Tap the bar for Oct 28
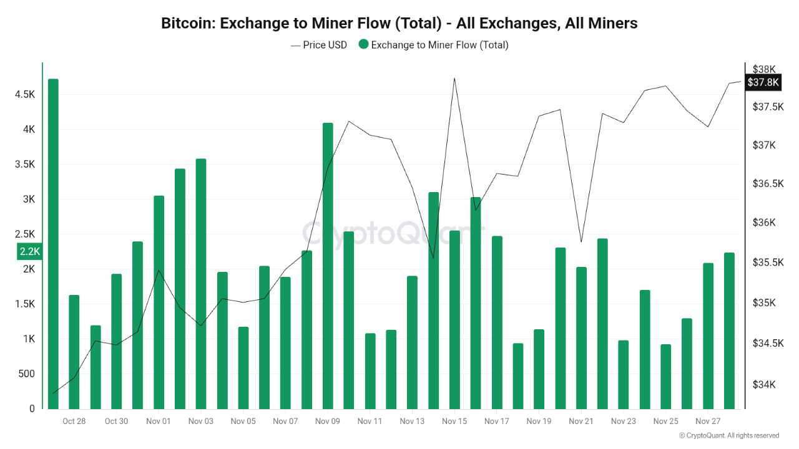pyautogui.click(x=74, y=352)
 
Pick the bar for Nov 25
pyautogui.click(x=665, y=377)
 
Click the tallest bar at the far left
pyautogui.click(x=53, y=244)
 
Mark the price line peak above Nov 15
pyautogui.click(x=454, y=79)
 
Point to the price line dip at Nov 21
pyautogui.click(x=581, y=241)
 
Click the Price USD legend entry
pyautogui.click(x=318, y=45)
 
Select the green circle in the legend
pyautogui.click(x=364, y=45)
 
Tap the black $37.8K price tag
pyautogui.click(x=763, y=82)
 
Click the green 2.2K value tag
pyautogui.click(x=29, y=251)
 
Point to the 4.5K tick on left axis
pyautogui.click(x=25, y=94)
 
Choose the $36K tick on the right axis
pyautogui.click(x=764, y=223)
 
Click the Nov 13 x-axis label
pyautogui.click(x=412, y=422)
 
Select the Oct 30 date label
pyautogui.click(x=116, y=422)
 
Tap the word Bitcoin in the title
pyautogui.click(x=187, y=24)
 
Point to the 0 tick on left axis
pyautogui.click(x=31, y=408)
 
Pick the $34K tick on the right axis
pyautogui.click(x=764, y=385)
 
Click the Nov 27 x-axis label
pyautogui.click(x=708, y=422)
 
